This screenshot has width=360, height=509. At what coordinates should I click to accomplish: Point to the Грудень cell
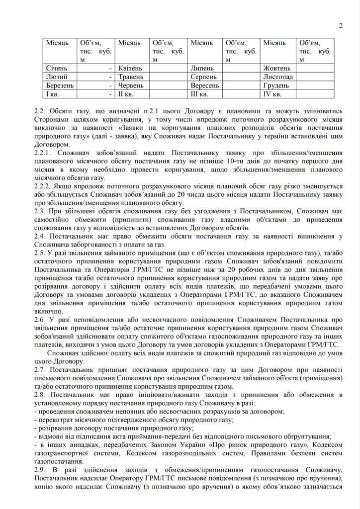pos(275,85)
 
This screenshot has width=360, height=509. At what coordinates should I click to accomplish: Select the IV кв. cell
pos(272,93)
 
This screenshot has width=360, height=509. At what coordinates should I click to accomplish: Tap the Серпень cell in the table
pos(203,77)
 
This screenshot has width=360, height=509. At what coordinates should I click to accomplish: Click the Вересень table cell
pos(205,85)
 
